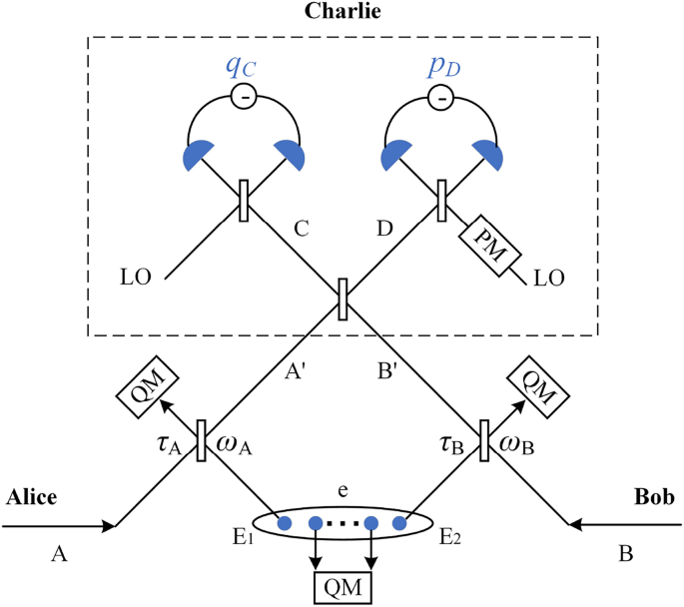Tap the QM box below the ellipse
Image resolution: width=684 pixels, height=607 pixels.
pyautogui.click(x=342, y=587)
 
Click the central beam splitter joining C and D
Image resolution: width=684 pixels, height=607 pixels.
pyautogui.click(x=342, y=299)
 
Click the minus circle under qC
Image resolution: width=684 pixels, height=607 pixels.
pyautogui.click(x=244, y=97)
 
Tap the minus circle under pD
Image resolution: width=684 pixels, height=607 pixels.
pyautogui.click(x=439, y=97)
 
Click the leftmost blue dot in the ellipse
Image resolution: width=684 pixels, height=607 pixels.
pyautogui.click(x=284, y=522)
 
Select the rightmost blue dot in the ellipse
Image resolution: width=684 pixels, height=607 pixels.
pyautogui.click(x=401, y=522)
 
